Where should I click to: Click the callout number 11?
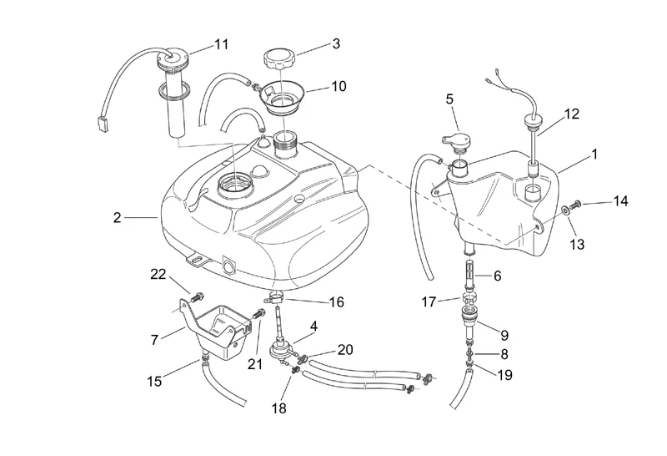pos(221,44)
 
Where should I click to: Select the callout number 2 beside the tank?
pos(117,218)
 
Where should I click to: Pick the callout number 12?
pos(572,114)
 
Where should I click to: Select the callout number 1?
pos(594,155)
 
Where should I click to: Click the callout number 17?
pos(429,301)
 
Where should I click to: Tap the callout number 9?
pos(504,336)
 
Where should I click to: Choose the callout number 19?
pos(504,375)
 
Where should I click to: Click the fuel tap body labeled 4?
pos(278,352)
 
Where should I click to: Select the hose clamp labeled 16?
pos(274,298)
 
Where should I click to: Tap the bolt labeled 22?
pos(197,296)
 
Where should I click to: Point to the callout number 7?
pos(154,340)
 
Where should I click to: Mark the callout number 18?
pos(279,408)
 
